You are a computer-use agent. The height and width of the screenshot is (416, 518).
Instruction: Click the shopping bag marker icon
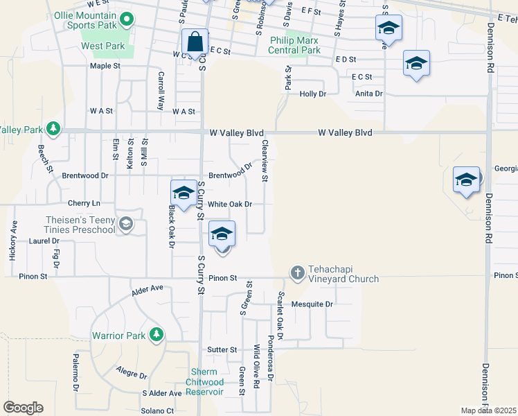pos(195,42)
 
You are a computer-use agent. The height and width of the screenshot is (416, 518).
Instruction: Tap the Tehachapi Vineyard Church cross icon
pos(298,272)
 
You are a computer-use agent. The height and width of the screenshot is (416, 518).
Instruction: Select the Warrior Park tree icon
pos(157,336)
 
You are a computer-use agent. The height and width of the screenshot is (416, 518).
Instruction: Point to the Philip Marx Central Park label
pos(296,46)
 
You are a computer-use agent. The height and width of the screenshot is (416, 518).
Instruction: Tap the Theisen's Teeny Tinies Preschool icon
pos(126,223)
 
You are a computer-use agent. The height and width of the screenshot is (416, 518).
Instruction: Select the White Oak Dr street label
pos(230,205)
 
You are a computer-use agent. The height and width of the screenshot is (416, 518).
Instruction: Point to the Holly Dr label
pos(312,94)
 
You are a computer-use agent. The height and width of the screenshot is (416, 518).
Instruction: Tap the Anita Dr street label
pos(368,94)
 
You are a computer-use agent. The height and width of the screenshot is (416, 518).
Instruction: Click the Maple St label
pos(105,67)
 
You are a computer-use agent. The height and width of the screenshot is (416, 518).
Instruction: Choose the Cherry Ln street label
pos(84,203)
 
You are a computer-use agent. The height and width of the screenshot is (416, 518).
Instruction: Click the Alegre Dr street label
pos(132,373)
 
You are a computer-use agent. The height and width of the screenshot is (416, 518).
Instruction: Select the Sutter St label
pos(222,350)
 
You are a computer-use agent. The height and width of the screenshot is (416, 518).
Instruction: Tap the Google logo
pos(23,408)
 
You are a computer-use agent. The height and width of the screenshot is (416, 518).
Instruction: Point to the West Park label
pos(102,46)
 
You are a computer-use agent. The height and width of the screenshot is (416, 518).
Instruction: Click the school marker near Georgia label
pos(466,180)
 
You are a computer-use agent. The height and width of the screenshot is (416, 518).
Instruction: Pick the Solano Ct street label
pos(157,410)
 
